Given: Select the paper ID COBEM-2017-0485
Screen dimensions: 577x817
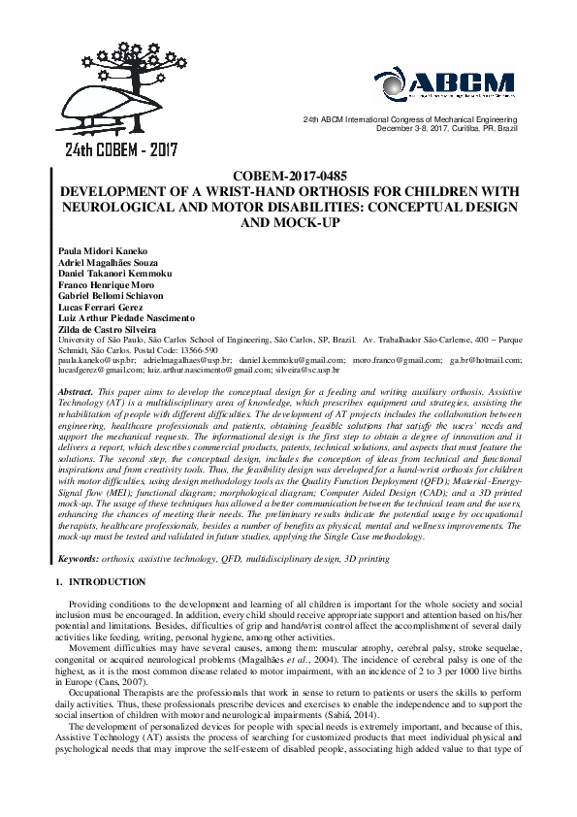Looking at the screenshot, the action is [x=288, y=176].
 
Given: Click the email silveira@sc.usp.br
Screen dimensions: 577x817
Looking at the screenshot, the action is [x=336, y=370].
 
